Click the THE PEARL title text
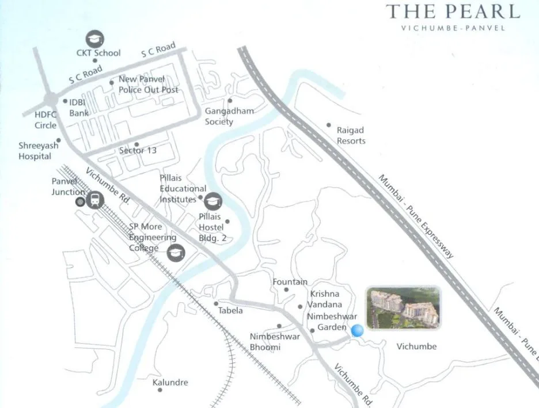click(x=453, y=12)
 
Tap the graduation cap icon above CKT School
click(x=94, y=39)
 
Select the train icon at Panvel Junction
click(x=95, y=200)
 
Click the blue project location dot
click(x=358, y=330)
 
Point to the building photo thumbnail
click(x=403, y=308)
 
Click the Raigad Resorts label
click(x=351, y=136)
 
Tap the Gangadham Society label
click(x=229, y=116)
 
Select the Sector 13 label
click(x=138, y=150)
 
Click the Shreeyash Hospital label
click(x=39, y=151)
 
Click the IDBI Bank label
click(x=79, y=108)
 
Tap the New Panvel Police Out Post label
click(x=148, y=85)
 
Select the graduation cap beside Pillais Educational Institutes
click(x=214, y=200)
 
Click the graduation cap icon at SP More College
click(x=176, y=253)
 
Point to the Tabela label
click(x=230, y=311)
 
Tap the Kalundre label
click(x=170, y=383)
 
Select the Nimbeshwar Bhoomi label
click(x=275, y=342)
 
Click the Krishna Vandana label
click(x=325, y=299)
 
